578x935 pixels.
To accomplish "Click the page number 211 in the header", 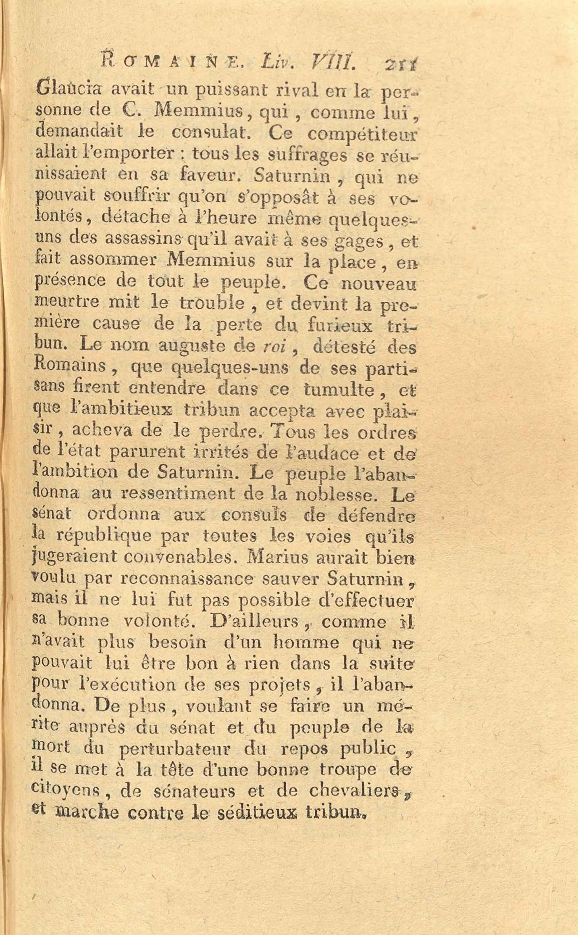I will click(x=401, y=64).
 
